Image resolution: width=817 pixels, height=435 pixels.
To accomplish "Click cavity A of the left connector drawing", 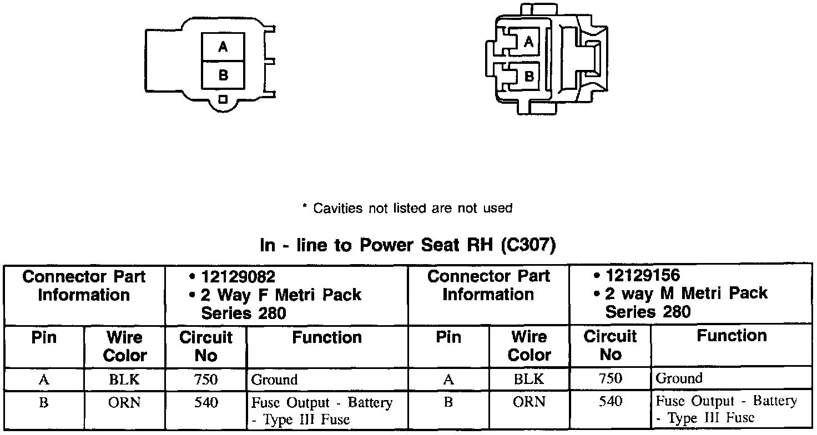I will [223, 47].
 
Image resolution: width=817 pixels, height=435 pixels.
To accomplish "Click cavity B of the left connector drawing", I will [223, 74].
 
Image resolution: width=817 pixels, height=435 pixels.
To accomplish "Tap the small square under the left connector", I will [223, 99].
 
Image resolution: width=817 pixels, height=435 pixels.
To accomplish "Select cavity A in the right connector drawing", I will [529, 42].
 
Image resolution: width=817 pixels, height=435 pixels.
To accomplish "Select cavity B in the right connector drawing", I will [529, 75].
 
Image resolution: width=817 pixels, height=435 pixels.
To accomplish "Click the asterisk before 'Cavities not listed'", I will [304, 208].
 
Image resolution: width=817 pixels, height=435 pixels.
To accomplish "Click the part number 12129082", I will [238, 276].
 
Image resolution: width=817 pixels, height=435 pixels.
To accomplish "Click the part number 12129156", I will [643, 275].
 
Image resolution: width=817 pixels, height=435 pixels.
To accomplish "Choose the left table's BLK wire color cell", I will [124, 380].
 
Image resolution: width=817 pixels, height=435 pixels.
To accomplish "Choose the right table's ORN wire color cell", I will [529, 402].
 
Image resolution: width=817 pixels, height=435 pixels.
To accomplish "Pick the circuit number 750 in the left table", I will [206, 380].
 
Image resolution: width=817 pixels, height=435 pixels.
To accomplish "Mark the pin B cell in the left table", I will [44, 403].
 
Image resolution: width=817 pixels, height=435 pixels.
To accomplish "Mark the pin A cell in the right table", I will [448, 380].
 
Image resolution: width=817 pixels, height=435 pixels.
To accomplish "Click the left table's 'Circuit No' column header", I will [206, 346].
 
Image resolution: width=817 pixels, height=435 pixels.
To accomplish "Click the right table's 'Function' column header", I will [732, 336].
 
